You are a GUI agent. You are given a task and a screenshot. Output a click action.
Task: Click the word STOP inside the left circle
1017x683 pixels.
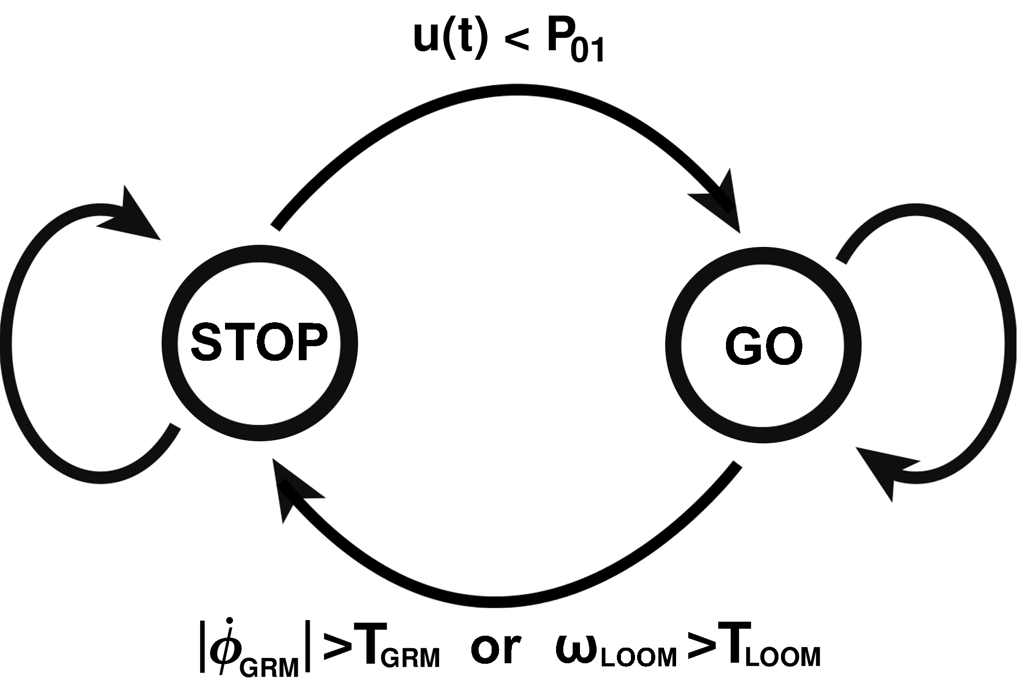point(259,342)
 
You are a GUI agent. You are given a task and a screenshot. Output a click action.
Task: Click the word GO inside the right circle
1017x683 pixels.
point(763,346)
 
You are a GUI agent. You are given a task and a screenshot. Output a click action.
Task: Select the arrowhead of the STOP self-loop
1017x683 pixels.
point(133,218)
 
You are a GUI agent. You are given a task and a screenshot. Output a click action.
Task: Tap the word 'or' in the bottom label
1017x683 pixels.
point(495,649)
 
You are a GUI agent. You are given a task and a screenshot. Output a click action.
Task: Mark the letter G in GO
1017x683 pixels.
point(742,346)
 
